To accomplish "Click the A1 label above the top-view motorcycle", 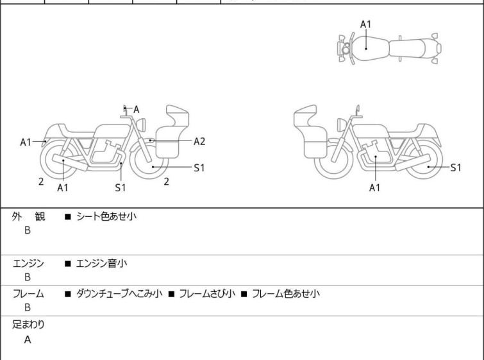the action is [x=366, y=24].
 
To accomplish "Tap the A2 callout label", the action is [x=199, y=142].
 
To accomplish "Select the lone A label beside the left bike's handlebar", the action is [x=136, y=109].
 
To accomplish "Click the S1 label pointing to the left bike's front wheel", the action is [x=199, y=167].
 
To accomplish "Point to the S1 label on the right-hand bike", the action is [x=456, y=167].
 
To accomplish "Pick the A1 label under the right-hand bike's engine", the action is [x=375, y=187].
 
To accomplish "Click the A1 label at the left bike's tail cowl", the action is [x=26, y=142].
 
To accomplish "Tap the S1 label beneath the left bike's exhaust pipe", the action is [x=121, y=187].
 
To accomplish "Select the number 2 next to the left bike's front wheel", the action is [x=167, y=182].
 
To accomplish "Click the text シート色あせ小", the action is [x=106, y=216].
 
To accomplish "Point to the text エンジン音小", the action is [x=101, y=264].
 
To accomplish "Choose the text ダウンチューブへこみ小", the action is [x=119, y=293].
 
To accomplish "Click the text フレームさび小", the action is [x=207, y=293].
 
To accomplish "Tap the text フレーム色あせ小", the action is [x=286, y=293].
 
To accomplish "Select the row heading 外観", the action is [x=28, y=217].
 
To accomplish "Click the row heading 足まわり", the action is [x=28, y=325].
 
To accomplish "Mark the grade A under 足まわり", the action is [x=28, y=340].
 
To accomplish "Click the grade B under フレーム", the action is [x=28, y=308].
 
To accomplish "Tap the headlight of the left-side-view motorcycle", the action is [x=141, y=125].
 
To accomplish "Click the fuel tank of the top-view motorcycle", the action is [x=369, y=49].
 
